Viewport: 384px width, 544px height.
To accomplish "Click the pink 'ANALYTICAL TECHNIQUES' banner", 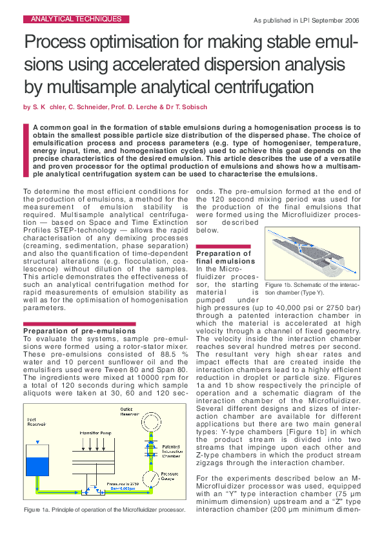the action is click(76, 19).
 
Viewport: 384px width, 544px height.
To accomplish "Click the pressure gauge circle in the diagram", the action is click(150, 481).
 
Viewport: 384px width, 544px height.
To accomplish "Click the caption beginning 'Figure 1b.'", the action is click(312, 288).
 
